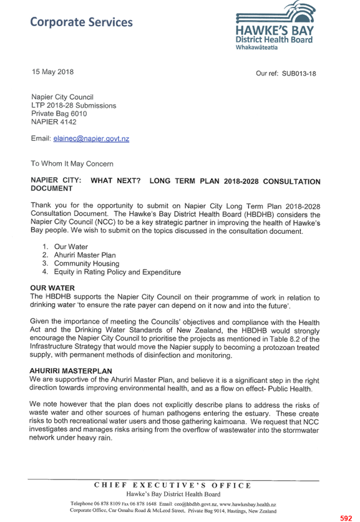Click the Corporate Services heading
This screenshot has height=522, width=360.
click(x=81, y=22)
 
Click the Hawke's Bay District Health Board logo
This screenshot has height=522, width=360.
click(x=275, y=26)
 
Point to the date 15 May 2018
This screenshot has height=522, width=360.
click(x=52, y=72)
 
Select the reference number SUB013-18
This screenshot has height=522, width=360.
click(x=299, y=74)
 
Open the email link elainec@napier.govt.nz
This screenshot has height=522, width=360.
click(x=91, y=139)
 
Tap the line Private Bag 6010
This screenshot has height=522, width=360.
click(x=59, y=114)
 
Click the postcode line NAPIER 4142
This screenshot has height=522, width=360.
click(x=54, y=122)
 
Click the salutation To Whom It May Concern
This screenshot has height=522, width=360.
click(x=72, y=164)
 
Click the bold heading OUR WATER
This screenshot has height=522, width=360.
click(x=52, y=288)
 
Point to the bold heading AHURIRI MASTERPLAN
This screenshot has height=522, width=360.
click(x=71, y=371)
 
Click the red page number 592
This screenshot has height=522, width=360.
click(x=346, y=518)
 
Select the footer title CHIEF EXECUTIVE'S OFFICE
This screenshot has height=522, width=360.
click(x=172, y=485)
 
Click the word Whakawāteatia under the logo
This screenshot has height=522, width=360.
click(x=256, y=47)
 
